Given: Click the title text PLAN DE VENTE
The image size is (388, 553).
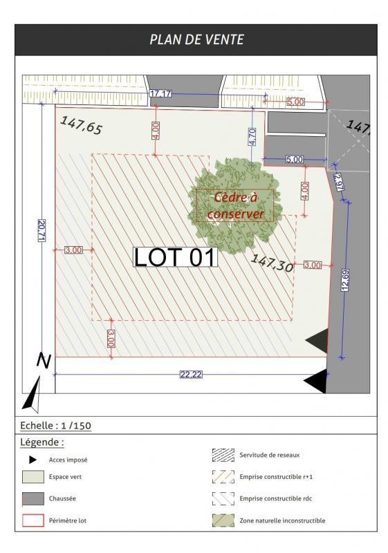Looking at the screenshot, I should [196, 39].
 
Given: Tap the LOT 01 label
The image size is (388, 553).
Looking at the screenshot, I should [175, 257].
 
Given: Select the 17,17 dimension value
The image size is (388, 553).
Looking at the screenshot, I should [160, 93].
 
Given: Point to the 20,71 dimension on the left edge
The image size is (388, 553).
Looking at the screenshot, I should [41, 230].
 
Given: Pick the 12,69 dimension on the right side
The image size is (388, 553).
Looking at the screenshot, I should [344, 281].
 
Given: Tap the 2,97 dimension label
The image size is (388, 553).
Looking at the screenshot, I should [338, 182].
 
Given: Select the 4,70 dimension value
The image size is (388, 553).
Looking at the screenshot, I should [252, 136].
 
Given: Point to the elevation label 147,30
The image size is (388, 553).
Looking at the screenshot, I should [272, 263].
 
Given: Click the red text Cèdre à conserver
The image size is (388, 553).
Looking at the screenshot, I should [235, 206].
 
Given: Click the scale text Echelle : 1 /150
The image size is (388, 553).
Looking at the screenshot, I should [56, 426].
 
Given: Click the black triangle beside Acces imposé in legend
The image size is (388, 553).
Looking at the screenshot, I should [33, 459].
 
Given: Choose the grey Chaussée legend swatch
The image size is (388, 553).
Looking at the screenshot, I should [33, 498].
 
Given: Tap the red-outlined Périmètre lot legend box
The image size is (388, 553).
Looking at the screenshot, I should [33, 519].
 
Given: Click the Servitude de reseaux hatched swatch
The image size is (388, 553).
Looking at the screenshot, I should [223, 455].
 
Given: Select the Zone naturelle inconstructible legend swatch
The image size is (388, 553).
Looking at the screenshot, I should [223, 521].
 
